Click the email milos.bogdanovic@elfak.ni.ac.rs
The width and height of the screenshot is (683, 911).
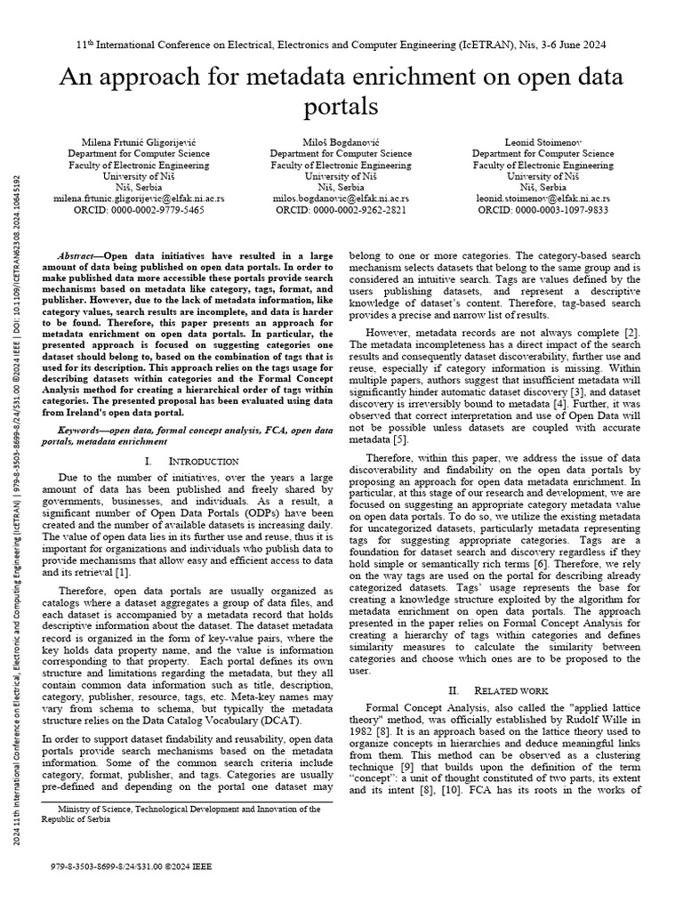coord(341,199)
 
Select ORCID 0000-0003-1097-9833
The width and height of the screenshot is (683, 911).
coord(542,211)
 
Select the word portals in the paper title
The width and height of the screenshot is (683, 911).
coord(341,106)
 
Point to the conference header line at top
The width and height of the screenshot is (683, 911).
coord(341,44)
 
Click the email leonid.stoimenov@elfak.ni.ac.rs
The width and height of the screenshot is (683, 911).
coord(542,199)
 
